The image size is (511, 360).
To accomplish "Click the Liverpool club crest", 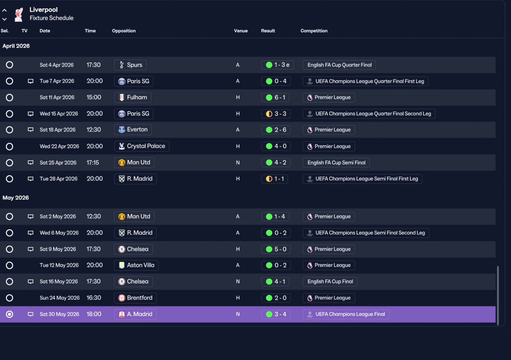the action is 19,14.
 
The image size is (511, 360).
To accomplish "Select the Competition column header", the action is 314,31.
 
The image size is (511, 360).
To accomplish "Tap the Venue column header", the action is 241,31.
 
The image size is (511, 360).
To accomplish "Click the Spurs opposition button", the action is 130,65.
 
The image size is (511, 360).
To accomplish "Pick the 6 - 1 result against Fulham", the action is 275,97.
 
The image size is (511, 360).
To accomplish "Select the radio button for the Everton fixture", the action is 9,130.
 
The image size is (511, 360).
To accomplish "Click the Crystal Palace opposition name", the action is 146,146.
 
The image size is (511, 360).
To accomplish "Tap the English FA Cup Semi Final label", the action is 336,163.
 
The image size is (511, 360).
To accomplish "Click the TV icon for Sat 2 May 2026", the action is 31,217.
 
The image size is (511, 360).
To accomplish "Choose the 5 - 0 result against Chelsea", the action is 276,249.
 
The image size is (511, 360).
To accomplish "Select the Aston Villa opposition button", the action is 136,265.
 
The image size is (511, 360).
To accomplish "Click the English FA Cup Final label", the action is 330,281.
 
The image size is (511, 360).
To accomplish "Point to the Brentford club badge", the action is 122,298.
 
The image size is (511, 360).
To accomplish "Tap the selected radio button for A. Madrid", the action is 9,314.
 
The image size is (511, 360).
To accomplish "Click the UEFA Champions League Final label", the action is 346,314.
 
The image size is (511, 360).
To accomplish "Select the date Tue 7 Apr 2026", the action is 57,81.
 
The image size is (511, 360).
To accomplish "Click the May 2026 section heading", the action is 16,198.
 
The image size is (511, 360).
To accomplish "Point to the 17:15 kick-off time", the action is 93,163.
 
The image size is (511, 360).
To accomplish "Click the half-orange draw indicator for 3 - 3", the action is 269,114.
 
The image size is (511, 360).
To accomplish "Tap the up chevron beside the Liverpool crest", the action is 4,10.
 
